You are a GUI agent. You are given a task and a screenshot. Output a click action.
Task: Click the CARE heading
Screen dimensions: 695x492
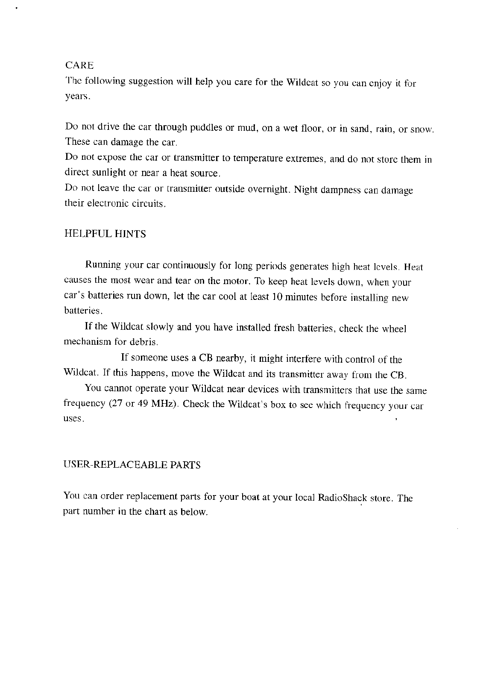click(79, 65)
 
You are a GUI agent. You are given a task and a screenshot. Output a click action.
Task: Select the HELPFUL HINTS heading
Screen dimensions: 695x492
click(105, 234)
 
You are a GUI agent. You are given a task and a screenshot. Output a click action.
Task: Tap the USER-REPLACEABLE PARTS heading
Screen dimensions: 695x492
click(132, 465)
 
